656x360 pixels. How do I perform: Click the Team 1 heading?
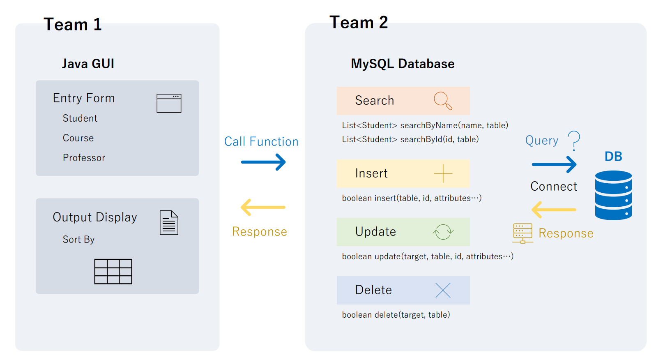click(x=72, y=25)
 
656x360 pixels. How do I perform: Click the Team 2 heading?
click(x=358, y=23)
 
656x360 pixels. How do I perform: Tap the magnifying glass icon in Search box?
click(x=443, y=101)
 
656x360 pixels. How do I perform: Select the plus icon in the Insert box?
click(x=443, y=173)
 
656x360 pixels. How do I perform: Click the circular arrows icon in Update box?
click(x=443, y=232)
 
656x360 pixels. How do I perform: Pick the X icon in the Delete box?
click(x=443, y=290)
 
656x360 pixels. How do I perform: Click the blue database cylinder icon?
click(x=613, y=195)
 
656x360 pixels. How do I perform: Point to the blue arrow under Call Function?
click(x=263, y=162)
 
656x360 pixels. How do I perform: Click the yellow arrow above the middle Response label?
click(x=263, y=207)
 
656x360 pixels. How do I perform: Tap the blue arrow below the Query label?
click(x=554, y=164)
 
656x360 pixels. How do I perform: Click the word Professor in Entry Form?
click(x=84, y=158)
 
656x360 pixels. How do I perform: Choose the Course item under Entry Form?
click(x=78, y=138)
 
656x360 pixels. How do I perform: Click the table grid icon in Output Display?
click(x=113, y=271)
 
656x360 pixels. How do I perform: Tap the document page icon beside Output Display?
click(x=169, y=223)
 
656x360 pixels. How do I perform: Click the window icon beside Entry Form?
click(x=169, y=103)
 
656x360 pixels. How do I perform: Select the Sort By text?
click(x=78, y=240)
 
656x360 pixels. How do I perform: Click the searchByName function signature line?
click(x=425, y=125)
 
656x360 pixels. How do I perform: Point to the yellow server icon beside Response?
click(x=522, y=233)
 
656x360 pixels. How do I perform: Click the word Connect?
click(x=553, y=187)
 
